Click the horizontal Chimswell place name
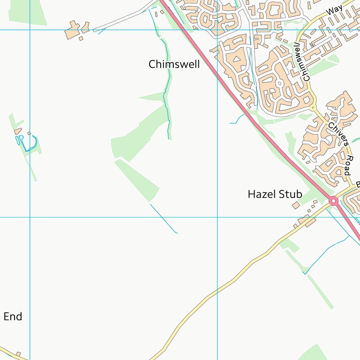click(x=174, y=65)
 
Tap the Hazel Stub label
click(x=275, y=194)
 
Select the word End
click(x=13, y=317)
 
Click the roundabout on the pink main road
click(x=334, y=201)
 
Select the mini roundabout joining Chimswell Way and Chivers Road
click(x=312, y=108)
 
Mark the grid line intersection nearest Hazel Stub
click(x=217, y=217)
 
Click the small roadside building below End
click(x=18, y=354)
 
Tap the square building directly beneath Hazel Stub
click(x=296, y=205)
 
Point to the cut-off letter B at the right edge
click(x=358, y=184)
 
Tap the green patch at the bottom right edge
click(x=314, y=353)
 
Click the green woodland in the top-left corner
click(x=28, y=11)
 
